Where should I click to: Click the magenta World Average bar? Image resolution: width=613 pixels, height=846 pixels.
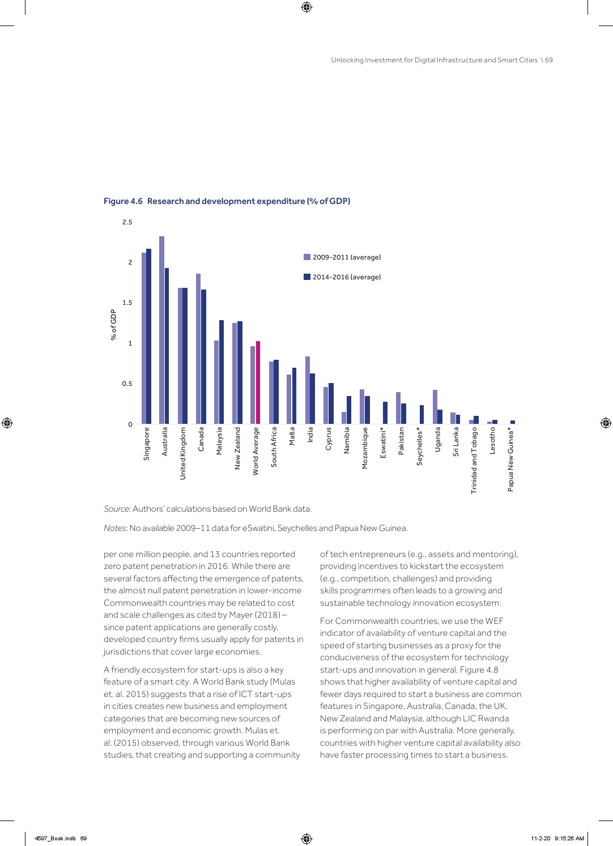point(258,382)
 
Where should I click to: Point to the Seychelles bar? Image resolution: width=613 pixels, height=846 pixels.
point(422,414)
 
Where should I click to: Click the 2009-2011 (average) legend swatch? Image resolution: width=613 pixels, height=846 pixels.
point(307,257)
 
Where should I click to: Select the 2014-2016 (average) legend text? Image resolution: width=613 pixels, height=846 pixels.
point(347,277)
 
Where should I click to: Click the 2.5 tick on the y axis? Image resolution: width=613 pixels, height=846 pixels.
point(127,222)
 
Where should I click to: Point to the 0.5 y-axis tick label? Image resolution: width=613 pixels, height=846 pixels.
point(127,384)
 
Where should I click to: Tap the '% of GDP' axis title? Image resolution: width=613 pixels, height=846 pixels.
point(113,325)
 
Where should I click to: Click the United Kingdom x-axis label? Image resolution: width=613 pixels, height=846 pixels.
point(183,453)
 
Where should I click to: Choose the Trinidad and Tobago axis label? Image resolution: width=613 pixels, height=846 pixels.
point(474,460)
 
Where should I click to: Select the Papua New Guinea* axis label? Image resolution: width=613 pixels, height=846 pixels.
point(510,459)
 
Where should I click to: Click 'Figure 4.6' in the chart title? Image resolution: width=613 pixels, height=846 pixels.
point(123,201)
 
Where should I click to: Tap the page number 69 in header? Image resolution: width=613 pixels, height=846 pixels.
point(549,60)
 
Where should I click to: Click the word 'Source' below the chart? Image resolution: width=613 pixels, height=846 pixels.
point(117,509)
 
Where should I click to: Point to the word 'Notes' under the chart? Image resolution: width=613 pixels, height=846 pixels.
point(115,528)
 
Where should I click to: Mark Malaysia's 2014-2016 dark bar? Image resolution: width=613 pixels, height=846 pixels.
point(222,372)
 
